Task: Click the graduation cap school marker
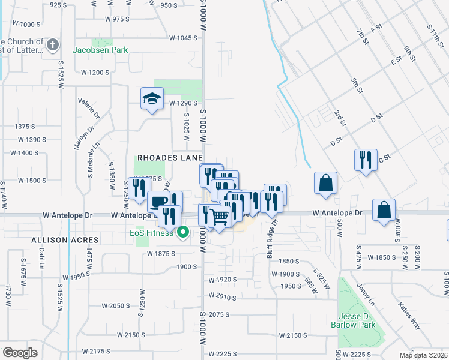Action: [152, 98]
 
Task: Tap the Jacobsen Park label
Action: [100, 50]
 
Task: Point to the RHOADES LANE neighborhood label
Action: [170, 157]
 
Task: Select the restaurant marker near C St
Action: [366, 160]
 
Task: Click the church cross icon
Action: [53, 45]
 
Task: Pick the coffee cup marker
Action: [158, 202]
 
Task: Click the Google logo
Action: [19, 353]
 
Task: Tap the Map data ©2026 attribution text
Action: [423, 355]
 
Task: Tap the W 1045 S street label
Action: [183, 38]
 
